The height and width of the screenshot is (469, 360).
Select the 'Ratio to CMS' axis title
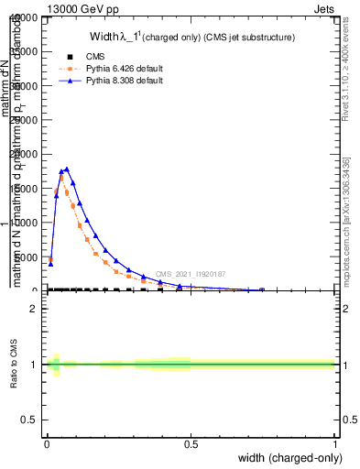[15, 364]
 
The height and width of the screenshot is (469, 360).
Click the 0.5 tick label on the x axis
[191, 444]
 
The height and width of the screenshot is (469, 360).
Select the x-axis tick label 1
[334, 444]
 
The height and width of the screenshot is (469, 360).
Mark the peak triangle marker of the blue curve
[67, 169]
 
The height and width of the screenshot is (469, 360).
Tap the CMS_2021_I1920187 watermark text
[191, 274]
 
